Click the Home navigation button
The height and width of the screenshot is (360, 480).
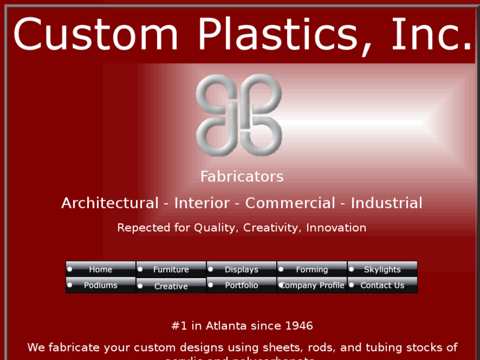click(101, 270)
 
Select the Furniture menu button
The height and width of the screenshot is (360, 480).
click(171, 270)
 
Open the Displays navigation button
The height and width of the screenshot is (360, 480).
click(242, 270)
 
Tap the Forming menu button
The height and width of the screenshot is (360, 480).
click(312, 270)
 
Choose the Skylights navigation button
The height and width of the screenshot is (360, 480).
click(382, 270)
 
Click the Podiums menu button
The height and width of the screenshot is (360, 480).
click(101, 285)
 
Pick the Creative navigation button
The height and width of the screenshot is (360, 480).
click(171, 286)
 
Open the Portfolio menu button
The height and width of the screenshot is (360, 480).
click(242, 285)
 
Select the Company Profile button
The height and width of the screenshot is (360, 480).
click(312, 285)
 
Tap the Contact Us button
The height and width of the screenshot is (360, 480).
click(382, 285)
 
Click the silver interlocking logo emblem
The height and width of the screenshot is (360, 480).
click(239, 115)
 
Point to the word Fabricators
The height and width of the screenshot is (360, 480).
click(242, 177)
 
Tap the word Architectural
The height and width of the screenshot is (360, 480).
click(110, 203)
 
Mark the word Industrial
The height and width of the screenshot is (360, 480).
click(386, 203)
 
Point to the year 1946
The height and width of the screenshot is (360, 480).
click(299, 326)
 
